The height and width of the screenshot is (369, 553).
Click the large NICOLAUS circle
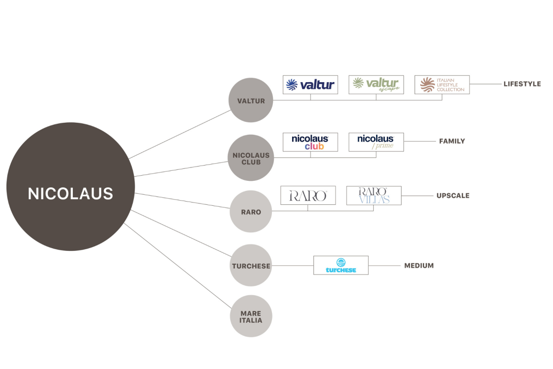[71, 186]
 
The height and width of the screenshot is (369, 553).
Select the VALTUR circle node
[251, 100]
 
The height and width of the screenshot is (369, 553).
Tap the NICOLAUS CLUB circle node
[251, 158]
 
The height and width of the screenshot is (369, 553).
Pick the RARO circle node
[251, 212]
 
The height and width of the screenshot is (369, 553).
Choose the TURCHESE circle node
[251, 266]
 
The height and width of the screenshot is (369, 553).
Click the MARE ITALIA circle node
[251, 316]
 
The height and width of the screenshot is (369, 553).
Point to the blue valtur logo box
[310, 85]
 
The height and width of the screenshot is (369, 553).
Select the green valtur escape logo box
[376, 85]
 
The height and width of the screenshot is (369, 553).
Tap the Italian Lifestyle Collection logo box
[442, 85]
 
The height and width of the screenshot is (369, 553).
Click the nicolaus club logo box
[310, 142]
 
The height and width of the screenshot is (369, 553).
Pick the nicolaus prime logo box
[376, 142]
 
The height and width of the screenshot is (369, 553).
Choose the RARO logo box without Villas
[308, 196]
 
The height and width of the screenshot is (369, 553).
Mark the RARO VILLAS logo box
[374, 196]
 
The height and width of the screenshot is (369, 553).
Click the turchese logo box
[341, 265]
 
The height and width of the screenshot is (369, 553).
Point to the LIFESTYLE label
[522, 84]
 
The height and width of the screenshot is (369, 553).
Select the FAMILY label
[452, 141]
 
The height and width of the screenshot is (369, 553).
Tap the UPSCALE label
[453, 196]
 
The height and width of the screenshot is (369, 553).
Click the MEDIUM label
[419, 266]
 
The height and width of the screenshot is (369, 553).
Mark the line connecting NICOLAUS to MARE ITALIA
[177, 266]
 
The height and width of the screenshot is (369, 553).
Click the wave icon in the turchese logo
[341, 262]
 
